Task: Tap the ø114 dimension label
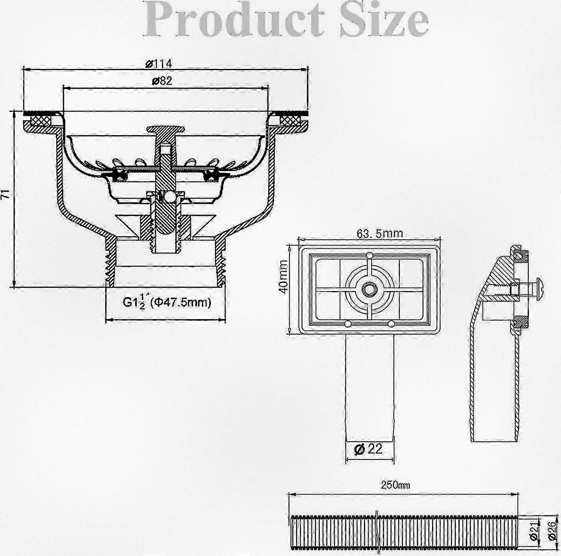pos(158,63)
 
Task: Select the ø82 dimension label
pos(162,81)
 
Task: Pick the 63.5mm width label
pos(380,233)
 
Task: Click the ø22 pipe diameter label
pos(368,449)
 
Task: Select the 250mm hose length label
pos(395,485)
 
